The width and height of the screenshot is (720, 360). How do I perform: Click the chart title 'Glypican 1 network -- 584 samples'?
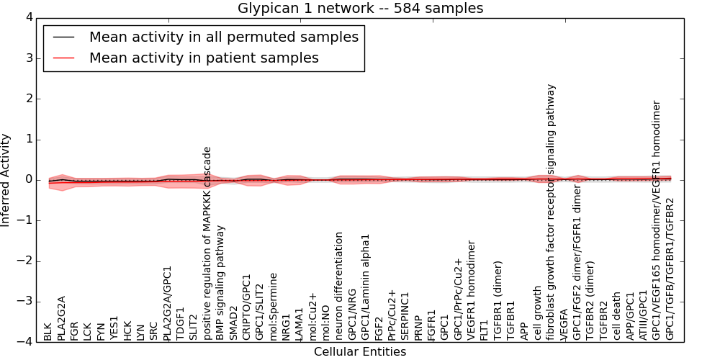[361, 9]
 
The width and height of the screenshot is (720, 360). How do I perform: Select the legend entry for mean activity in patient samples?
[204, 58]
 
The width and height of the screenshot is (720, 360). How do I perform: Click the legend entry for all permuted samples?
[223, 37]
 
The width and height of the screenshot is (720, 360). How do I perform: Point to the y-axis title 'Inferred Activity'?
[6, 180]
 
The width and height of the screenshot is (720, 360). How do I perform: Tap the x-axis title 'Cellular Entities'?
[360, 352]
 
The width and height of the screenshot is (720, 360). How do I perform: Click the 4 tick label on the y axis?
[28, 17]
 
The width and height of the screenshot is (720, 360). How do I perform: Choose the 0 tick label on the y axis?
[28, 180]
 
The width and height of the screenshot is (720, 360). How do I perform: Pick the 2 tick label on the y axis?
[28, 99]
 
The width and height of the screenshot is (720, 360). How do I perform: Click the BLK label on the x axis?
[48, 331]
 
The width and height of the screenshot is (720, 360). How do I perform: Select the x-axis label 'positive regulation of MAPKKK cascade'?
[207, 243]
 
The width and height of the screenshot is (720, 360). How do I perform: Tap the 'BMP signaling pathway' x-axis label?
[220, 283]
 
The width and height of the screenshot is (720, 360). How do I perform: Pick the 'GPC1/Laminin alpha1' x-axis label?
[366, 287]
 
